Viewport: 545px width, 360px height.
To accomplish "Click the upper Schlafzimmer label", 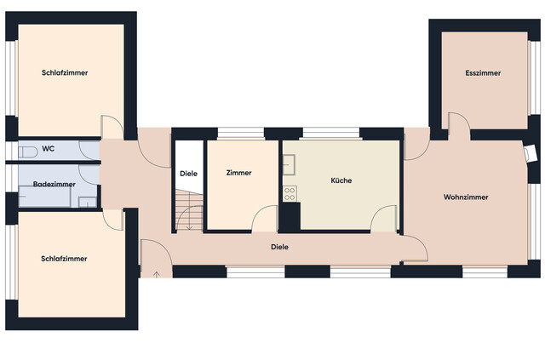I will coord(65,73).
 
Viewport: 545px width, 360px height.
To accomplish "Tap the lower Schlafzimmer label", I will coord(64,258).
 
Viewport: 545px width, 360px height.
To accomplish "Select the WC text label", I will coord(49,149).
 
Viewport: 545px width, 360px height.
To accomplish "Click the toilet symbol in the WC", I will coord(26,151).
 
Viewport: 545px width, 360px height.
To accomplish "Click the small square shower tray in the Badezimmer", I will coord(88,202).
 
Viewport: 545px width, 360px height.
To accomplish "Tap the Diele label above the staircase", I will coord(189,174).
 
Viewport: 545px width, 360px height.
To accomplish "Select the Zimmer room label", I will coord(239,173).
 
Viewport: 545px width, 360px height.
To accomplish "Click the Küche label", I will coord(341,180).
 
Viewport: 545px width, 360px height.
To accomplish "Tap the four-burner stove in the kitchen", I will coord(290,193).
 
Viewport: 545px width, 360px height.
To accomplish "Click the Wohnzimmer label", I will coord(466,197).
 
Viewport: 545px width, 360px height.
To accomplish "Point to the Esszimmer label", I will coord(483,73).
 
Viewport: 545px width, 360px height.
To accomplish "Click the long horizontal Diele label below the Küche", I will coord(279,247).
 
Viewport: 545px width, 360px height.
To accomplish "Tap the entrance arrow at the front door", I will coord(157,274).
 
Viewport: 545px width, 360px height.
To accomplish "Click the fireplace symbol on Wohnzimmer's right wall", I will coord(531,153).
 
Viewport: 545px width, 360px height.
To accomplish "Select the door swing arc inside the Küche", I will coord(384,218).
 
